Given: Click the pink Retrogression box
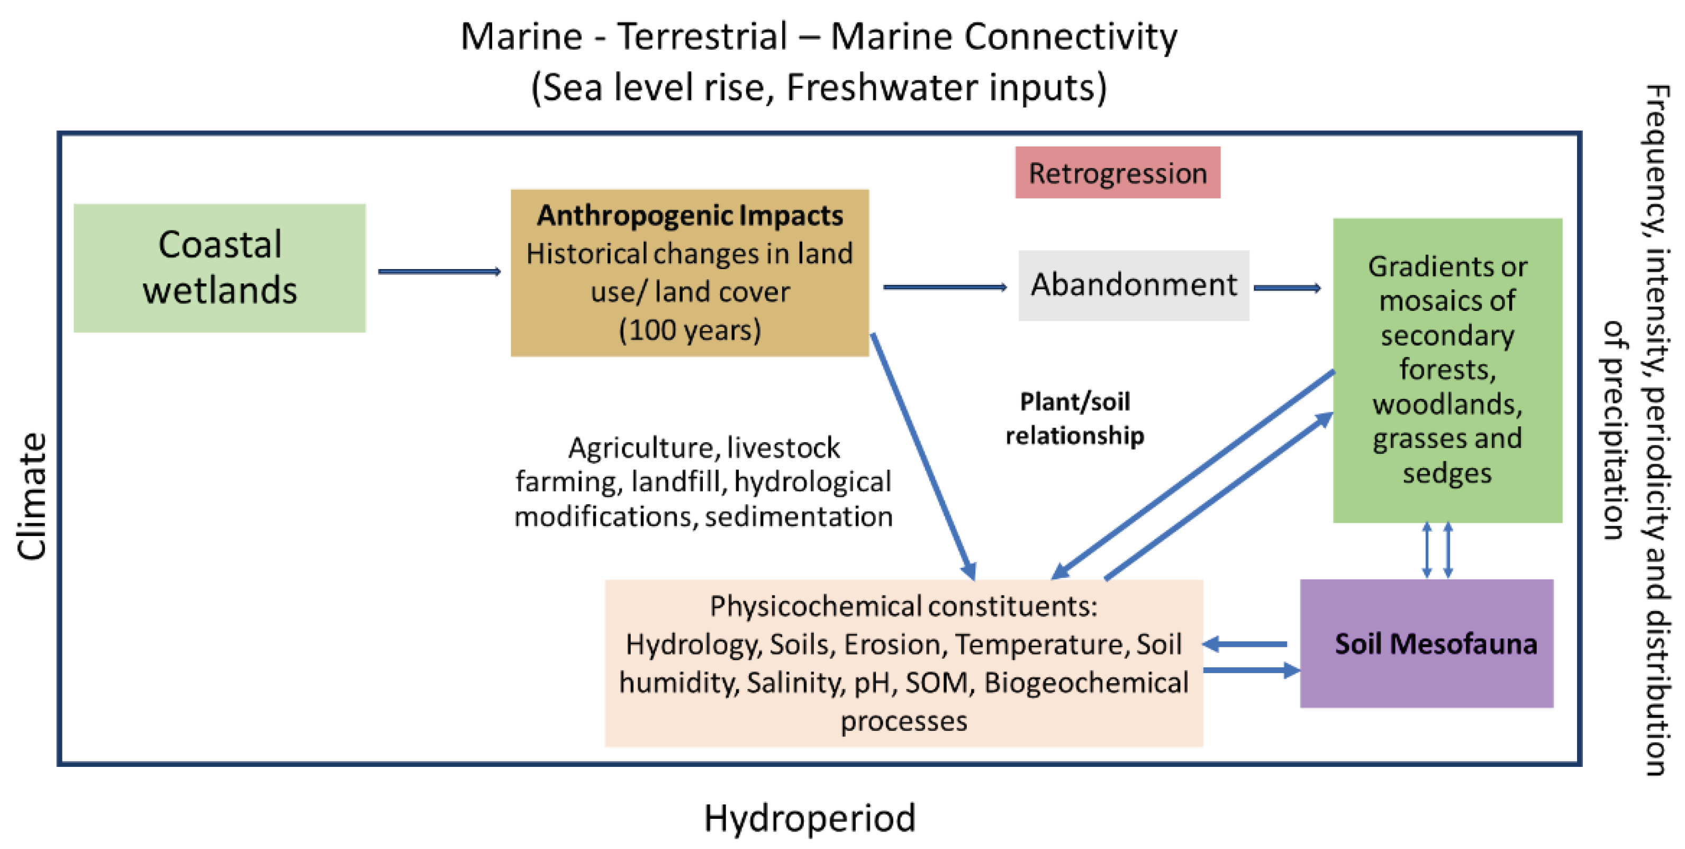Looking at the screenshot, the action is coord(1117,173).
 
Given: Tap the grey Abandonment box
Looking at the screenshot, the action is coord(1134,285).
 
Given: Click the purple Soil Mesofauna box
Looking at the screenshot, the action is coord(1427,644).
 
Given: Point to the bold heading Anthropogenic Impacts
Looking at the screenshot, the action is coord(690,216).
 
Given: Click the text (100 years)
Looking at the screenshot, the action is coord(690,330).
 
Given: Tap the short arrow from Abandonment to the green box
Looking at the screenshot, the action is coord(1287,288).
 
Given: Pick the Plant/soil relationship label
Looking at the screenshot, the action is coord(1075,418).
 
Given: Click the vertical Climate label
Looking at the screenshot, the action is coord(31,496).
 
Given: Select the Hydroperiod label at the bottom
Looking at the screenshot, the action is coord(809,818).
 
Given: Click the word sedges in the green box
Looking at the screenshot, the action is coord(1447,472).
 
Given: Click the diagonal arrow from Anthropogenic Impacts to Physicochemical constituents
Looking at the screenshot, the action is coord(922,456).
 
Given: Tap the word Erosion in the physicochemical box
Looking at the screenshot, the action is coord(895,645).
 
